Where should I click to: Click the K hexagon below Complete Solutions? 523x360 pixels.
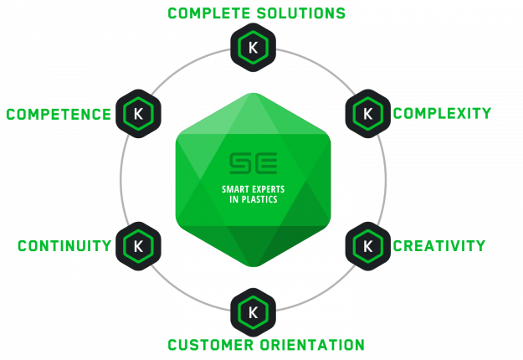click(253, 48)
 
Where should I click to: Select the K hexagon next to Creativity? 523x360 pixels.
click(367, 245)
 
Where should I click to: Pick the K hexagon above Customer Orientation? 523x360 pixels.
click(253, 311)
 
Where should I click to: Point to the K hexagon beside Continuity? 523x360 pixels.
click(138, 245)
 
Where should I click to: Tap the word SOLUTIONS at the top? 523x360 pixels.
click(304, 13)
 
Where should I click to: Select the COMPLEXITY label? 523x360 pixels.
click(442, 113)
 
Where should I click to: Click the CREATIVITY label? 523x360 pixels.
click(439, 245)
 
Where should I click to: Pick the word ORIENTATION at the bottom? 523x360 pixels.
click(314, 345)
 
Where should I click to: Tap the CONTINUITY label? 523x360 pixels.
click(64, 245)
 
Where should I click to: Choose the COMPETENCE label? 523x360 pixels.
click(59, 114)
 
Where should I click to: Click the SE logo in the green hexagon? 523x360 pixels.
click(253, 162)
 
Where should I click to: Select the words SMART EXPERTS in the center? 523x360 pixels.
click(253, 189)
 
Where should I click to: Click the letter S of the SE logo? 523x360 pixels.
click(241, 162)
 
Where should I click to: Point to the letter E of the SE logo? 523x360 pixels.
click(265, 162)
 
